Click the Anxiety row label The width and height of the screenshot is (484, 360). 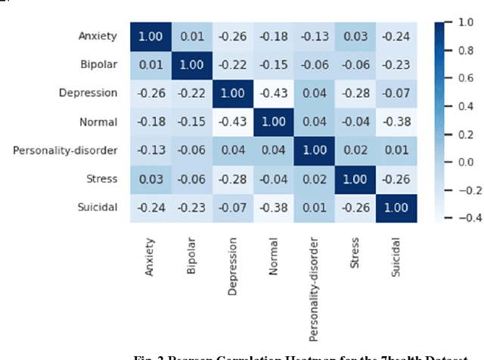[x=98, y=36]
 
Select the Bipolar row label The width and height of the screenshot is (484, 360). [x=99, y=64]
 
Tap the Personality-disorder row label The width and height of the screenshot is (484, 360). [x=65, y=150]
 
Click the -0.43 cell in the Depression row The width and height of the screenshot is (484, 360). [x=274, y=93]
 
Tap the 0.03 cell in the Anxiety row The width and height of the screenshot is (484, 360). [x=355, y=36]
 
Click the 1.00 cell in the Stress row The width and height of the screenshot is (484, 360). [x=355, y=178]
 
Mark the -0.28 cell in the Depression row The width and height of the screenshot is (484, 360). [x=355, y=93]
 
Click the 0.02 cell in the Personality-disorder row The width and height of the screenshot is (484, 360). [x=355, y=151]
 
